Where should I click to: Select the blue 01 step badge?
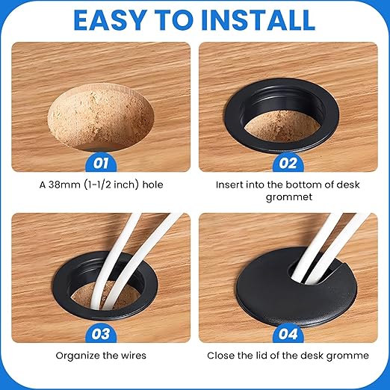(x=101, y=163)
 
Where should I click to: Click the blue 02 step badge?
(x=288, y=163)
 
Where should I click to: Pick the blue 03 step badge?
(x=101, y=334)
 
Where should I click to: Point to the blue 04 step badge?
(x=288, y=334)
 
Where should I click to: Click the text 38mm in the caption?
(x=65, y=185)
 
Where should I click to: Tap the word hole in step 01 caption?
(x=152, y=185)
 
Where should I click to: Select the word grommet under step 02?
(x=289, y=197)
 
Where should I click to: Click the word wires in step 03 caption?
(x=134, y=356)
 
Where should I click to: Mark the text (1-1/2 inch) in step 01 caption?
(x=111, y=185)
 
